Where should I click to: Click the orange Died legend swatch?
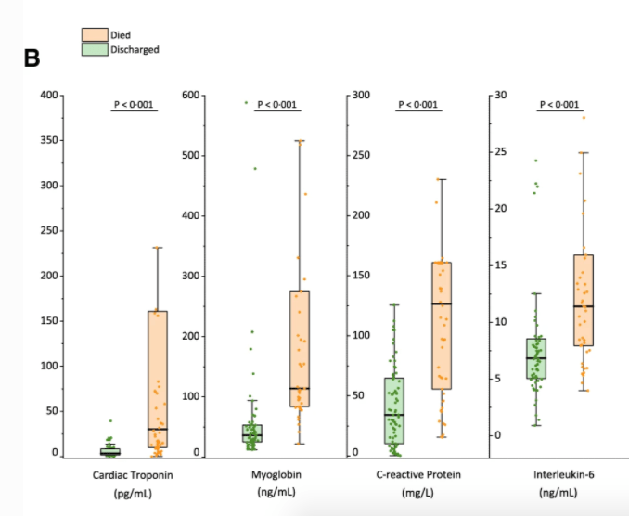pos(94,35)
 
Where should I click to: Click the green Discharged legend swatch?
pos(94,49)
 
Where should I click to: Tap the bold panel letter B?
pos(32,58)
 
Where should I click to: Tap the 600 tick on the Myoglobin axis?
pos(191,95)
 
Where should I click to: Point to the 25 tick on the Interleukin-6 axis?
pos(504,151)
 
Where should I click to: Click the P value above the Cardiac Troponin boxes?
pos(135,105)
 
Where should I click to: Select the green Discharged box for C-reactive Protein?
pos(394,408)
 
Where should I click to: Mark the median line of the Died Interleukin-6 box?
pos(583,306)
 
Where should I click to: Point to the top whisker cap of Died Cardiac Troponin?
pos(157,248)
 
